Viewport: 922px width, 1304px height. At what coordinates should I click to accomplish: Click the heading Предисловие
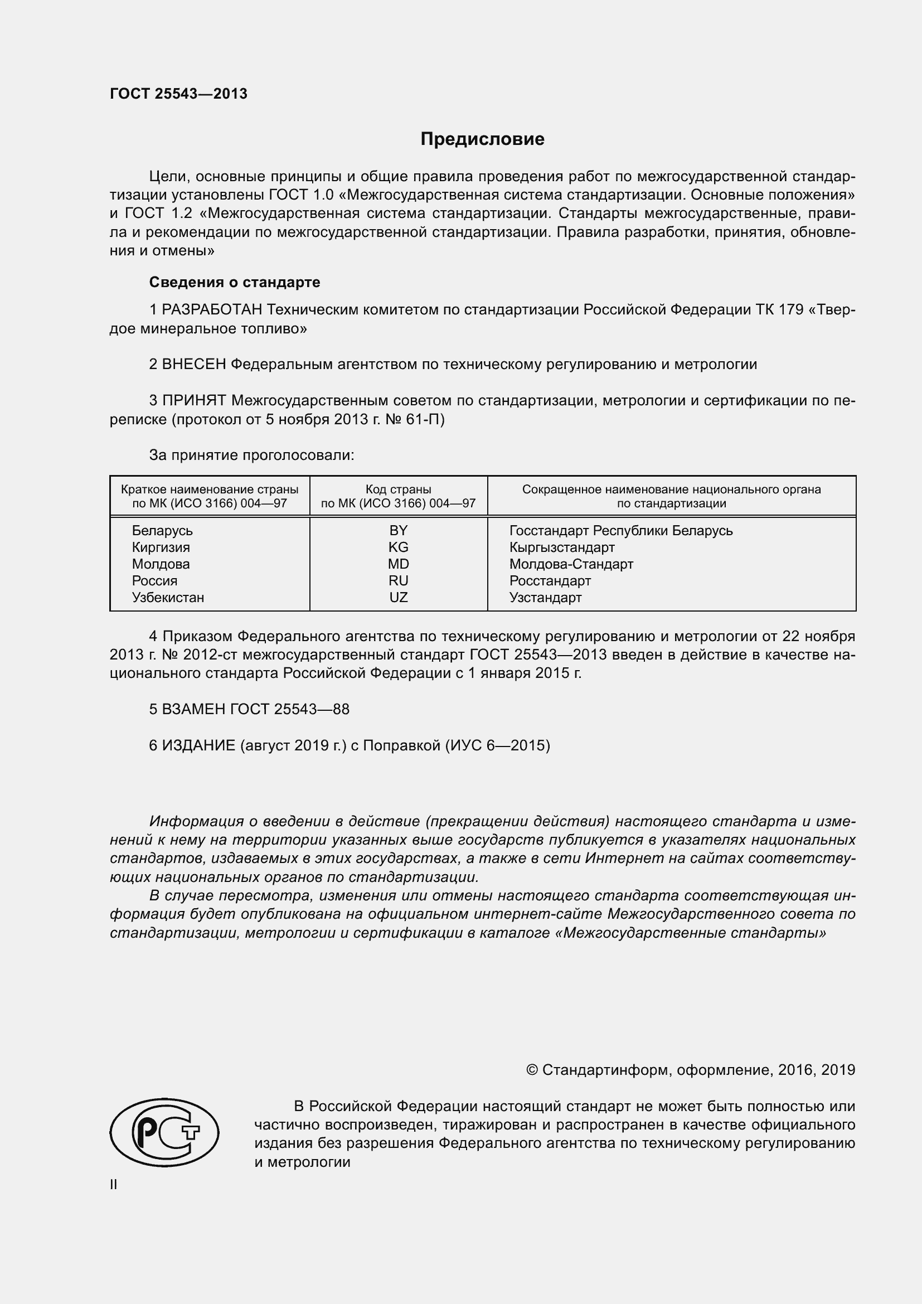[482, 139]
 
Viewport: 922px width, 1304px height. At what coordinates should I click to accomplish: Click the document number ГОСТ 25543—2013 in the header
[178, 94]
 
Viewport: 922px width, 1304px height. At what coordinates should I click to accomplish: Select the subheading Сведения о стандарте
[235, 282]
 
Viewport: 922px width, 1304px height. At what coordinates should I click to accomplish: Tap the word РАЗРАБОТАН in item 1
[212, 309]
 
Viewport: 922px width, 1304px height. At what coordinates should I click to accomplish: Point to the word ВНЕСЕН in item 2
[194, 364]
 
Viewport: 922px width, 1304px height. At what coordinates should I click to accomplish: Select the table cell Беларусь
[162, 530]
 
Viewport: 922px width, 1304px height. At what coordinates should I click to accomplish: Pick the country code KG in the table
[398, 547]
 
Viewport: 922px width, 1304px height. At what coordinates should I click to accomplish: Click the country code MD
[398, 564]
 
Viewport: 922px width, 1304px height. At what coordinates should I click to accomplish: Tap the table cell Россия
[154, 580]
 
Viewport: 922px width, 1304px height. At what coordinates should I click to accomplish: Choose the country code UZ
[398, 597]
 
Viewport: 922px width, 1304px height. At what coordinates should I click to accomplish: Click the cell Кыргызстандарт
[561, 547]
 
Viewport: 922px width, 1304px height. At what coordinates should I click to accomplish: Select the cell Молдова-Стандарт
[571, 564]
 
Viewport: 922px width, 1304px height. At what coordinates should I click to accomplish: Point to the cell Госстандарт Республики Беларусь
[620, 530]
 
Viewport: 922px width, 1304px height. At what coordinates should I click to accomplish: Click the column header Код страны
[398, 489]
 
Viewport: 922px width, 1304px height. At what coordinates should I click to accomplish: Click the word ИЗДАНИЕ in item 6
[198, 745]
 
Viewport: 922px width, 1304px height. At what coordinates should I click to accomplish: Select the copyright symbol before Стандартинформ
[532, 1070]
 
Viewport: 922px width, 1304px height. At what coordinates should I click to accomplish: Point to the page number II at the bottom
[114, 1185]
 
